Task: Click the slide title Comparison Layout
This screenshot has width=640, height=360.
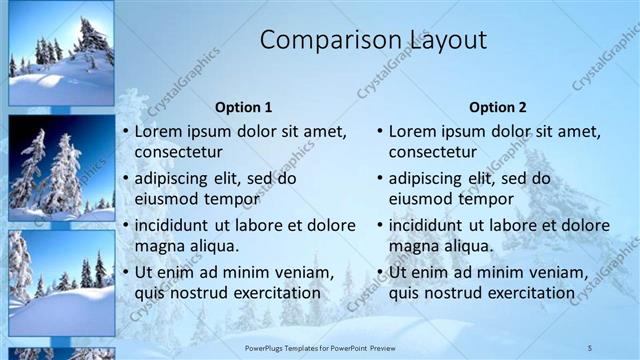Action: coord(373,41)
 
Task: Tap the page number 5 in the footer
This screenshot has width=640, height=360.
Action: coord(589,346)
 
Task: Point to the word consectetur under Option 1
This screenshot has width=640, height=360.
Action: coord(179,153)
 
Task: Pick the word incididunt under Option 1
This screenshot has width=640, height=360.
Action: coord(177,225)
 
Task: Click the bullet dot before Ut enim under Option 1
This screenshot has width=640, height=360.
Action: coord(125,272)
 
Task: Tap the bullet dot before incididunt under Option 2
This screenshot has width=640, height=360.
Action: coord(379,225)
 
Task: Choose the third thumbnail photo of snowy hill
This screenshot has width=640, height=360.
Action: coord(60,283)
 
